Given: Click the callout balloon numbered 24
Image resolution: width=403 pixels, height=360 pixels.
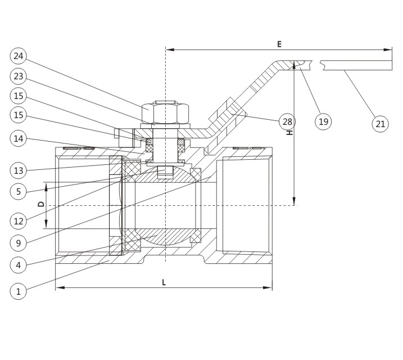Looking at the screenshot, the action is [18, 56].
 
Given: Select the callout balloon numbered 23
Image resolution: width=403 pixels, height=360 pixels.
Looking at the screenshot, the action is [18, 76].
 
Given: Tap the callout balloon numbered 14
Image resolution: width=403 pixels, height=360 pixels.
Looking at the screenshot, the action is [18, 138].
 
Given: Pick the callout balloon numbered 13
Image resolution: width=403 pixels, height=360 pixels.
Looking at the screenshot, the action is [18, 170].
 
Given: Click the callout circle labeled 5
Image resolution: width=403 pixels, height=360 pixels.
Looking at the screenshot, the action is [18, 191].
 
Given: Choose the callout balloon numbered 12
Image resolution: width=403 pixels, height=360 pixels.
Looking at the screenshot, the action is [18, 221].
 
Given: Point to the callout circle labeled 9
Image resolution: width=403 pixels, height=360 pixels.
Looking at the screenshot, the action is [18, 243].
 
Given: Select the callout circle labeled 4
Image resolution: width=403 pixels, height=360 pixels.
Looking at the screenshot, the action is [18, 265].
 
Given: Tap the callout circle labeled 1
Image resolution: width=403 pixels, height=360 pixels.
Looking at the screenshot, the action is [18, 291].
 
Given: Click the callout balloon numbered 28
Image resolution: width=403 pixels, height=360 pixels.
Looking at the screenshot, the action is [287, 121].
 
